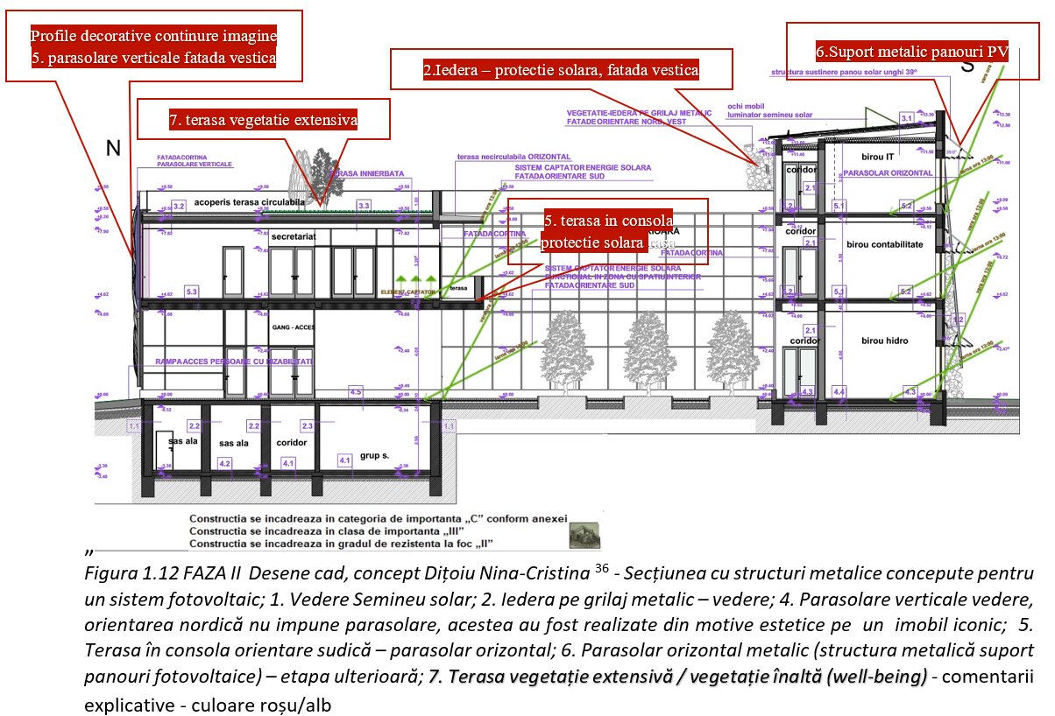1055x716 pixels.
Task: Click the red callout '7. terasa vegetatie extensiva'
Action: (x=263, y=120)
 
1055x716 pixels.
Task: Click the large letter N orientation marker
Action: (x=112, y=149)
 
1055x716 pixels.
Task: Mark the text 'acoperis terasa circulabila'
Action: (x=249, y=200)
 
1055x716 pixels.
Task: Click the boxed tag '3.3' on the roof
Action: (x=364, y=205)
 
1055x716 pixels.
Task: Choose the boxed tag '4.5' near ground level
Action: (x=356, y=392)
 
